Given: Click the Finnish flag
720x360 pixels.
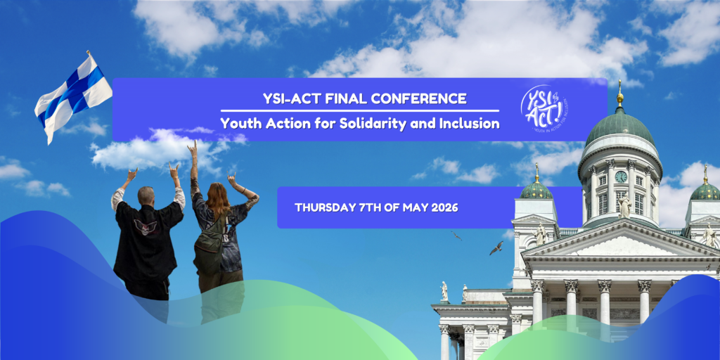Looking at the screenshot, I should pyautogui.click(x=73, y=95).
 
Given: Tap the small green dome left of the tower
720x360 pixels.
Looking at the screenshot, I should pyautogui.click(x=536, y=189).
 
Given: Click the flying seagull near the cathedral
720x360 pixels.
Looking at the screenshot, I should pyautogui.click(x=496, y=247).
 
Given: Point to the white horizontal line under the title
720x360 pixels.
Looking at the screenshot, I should pyautogui.click(x=359, y=110).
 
